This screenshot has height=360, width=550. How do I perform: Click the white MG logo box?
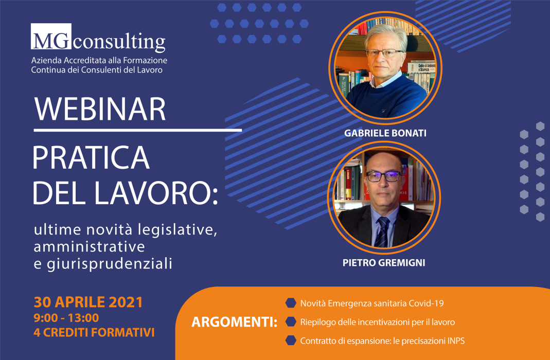coord(51,36)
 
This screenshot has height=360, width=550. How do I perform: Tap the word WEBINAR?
coord(100,109)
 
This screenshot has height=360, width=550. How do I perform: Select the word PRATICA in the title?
coord(91,157)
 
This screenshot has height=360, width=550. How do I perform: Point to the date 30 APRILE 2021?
coord(88,302)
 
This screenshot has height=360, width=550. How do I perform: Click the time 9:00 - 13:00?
coord(66,318)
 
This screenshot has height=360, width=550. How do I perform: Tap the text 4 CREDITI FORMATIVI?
coord(94,332)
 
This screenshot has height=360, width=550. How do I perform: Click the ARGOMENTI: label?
coord(234,322)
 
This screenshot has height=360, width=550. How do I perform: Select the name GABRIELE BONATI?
coord(385,133)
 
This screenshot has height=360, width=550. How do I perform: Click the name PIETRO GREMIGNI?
coord(384,263)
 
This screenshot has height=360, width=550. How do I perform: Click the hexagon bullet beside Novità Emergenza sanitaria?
coord(291,303)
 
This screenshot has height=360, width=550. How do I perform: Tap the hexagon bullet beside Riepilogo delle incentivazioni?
coord(291,322)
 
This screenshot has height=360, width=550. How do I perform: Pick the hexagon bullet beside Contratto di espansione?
coord(291,340)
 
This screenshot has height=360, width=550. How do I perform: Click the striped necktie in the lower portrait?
coord(382,232)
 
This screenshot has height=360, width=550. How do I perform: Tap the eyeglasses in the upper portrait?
coord(384,53)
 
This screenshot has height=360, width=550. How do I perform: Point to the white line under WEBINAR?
coord(137,131)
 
